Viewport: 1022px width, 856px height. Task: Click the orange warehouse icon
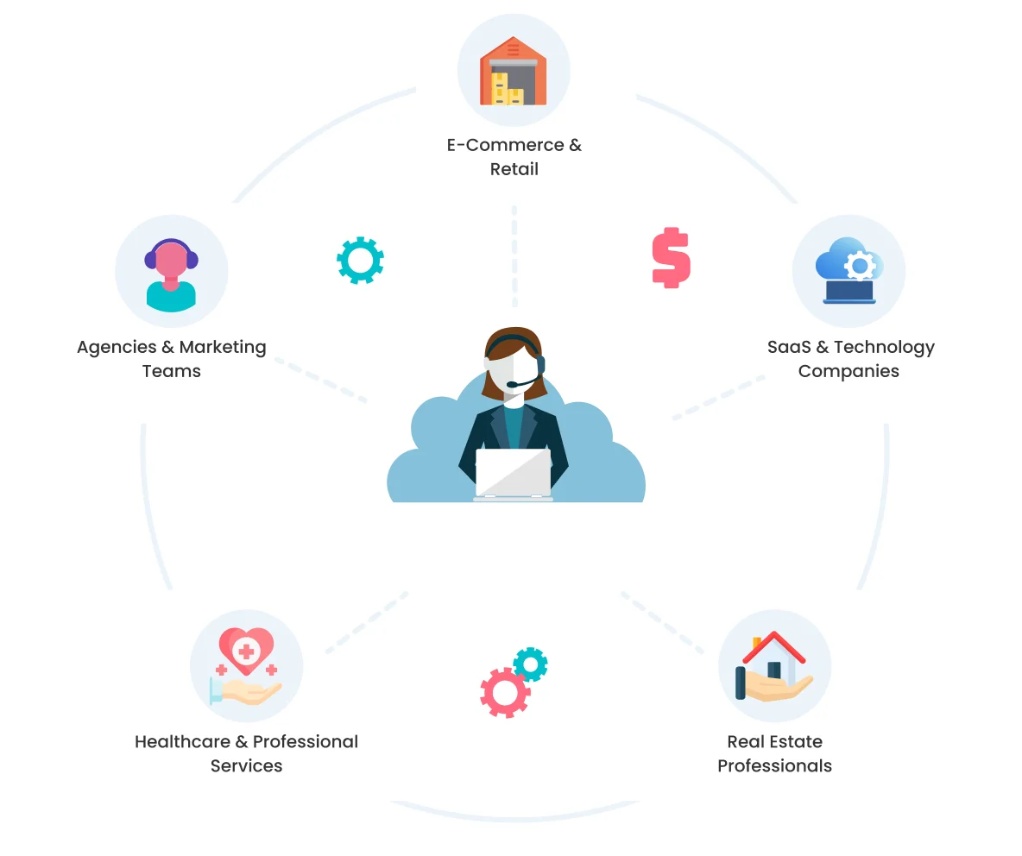513,71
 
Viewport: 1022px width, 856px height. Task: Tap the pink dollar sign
672,257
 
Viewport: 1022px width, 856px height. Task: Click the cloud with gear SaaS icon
849,270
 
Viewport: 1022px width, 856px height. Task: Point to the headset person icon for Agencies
171,274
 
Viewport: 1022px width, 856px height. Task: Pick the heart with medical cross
246,650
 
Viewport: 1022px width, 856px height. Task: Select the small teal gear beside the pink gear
531,664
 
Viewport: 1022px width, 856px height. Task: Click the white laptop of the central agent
514,474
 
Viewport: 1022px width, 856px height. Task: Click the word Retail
514,169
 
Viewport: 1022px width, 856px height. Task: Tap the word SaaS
789,347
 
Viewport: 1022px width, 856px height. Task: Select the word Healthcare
182,742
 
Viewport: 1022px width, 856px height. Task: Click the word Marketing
223,348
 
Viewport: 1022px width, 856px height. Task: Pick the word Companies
849,372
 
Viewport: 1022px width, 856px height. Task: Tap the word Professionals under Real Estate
774,766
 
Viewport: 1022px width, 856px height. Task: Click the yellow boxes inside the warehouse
507,89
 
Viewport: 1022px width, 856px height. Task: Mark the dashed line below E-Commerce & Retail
514,256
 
